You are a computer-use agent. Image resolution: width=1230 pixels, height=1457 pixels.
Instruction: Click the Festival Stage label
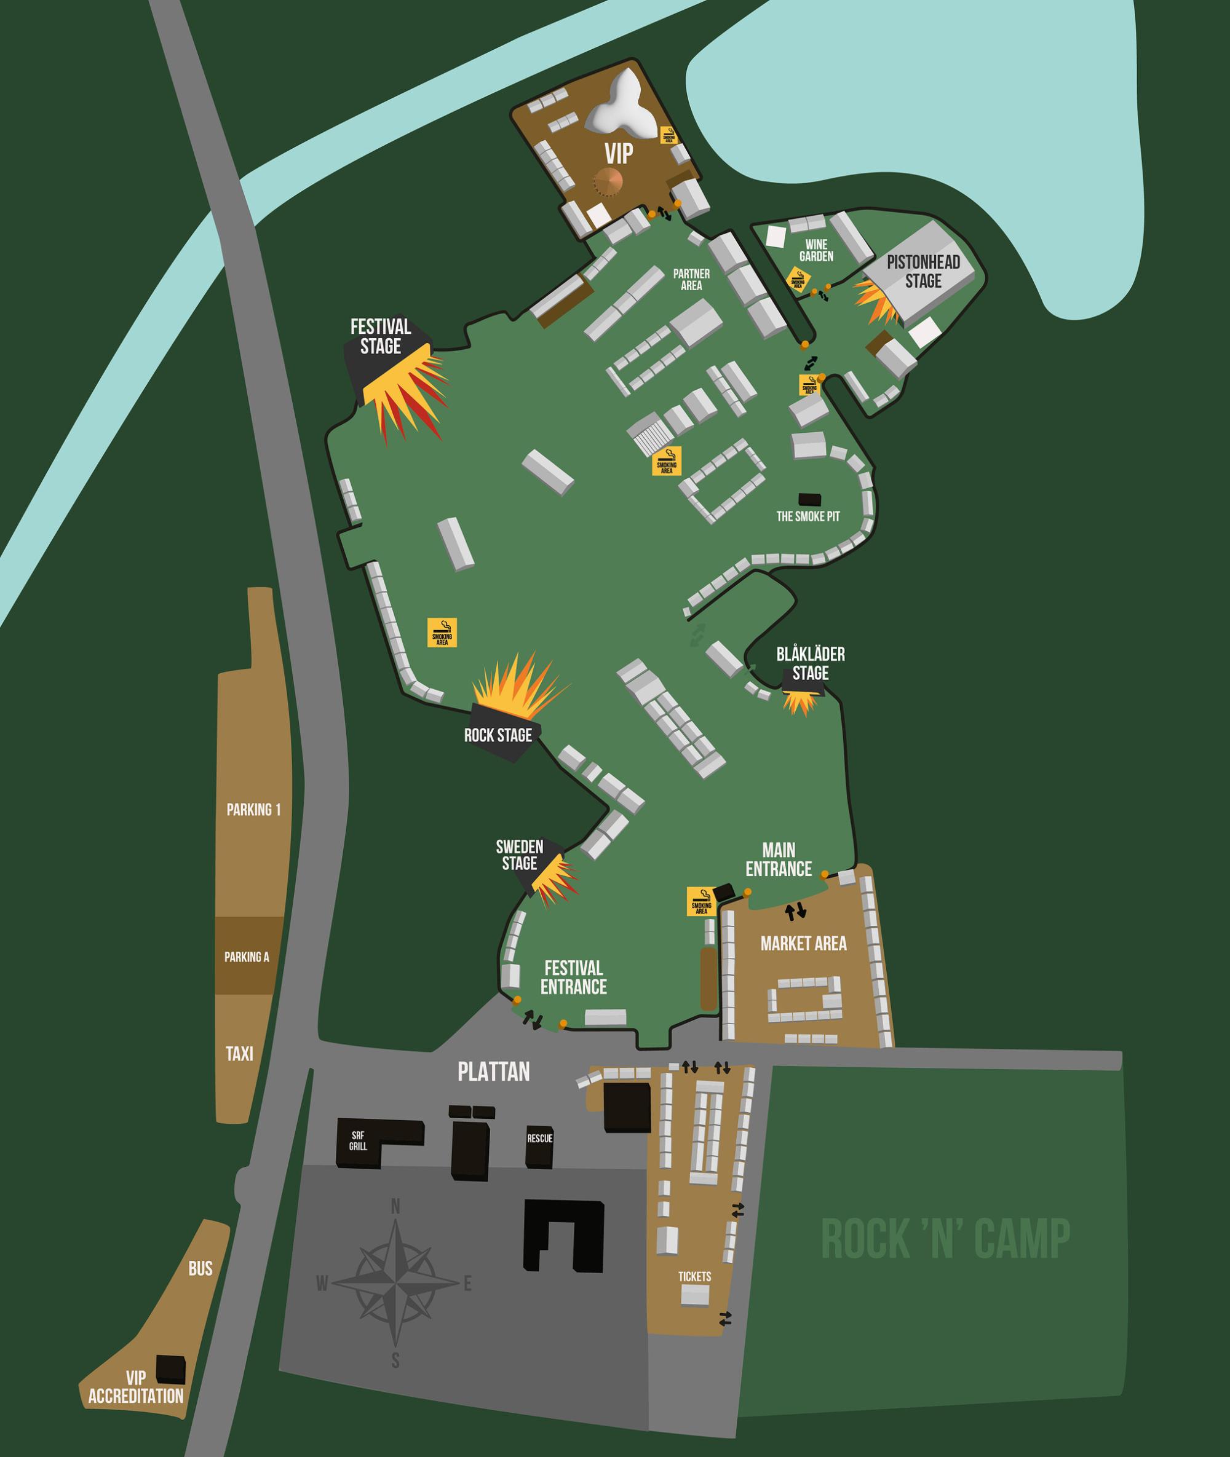[380, 337]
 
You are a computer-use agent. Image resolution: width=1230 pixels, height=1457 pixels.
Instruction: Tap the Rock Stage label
[498, 735]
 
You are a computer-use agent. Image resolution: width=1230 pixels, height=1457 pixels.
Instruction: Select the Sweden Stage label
[520, 855]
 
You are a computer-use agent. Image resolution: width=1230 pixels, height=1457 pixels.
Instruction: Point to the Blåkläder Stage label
[810, 663]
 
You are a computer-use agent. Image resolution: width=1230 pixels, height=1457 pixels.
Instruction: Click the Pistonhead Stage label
[923, 271]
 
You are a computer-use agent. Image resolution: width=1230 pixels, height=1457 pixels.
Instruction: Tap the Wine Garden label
[816, 250]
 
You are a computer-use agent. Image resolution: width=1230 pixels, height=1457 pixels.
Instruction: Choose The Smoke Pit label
[808, 516]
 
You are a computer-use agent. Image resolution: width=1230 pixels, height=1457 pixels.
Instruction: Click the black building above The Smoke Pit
[809, 499]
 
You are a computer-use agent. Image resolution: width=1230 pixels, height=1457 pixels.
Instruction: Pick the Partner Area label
[691, 280]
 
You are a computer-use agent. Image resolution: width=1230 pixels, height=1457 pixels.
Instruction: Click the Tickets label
[694, 1276]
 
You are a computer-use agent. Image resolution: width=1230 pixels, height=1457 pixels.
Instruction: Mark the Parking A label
[247, 957]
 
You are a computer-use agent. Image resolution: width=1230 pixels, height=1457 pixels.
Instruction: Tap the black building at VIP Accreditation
[171, 1368]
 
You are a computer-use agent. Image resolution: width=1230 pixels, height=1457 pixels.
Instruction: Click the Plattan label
[494, 1072]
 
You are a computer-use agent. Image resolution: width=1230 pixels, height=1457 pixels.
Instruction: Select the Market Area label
[803, 944]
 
